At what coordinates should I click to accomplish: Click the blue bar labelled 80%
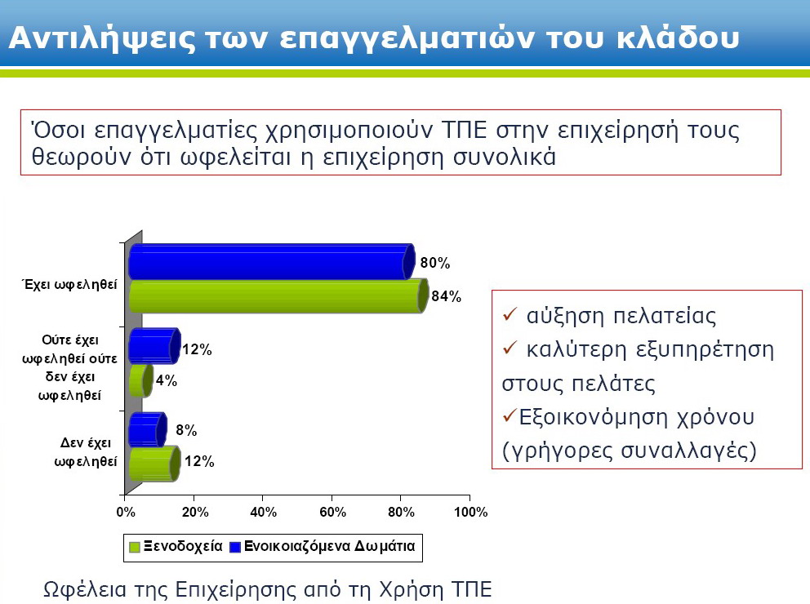[272, 261]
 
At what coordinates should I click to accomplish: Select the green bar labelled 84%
[278, 295]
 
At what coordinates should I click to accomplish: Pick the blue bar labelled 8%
[148, 429]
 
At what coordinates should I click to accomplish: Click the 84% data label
[447, 296]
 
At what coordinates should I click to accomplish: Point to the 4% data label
[167, 380]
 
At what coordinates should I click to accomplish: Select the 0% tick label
[126, 512]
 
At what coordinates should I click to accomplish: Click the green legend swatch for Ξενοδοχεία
[134, 547]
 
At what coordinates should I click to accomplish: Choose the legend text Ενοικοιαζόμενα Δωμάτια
[330, 546]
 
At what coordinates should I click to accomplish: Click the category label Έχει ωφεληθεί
[70, 284]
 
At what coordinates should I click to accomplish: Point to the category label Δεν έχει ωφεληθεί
[86, 451]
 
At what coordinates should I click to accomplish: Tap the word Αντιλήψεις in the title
[102, 38]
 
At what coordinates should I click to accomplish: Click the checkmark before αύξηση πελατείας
[510, 313]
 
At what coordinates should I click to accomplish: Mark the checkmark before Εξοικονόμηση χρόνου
[510, 415]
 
